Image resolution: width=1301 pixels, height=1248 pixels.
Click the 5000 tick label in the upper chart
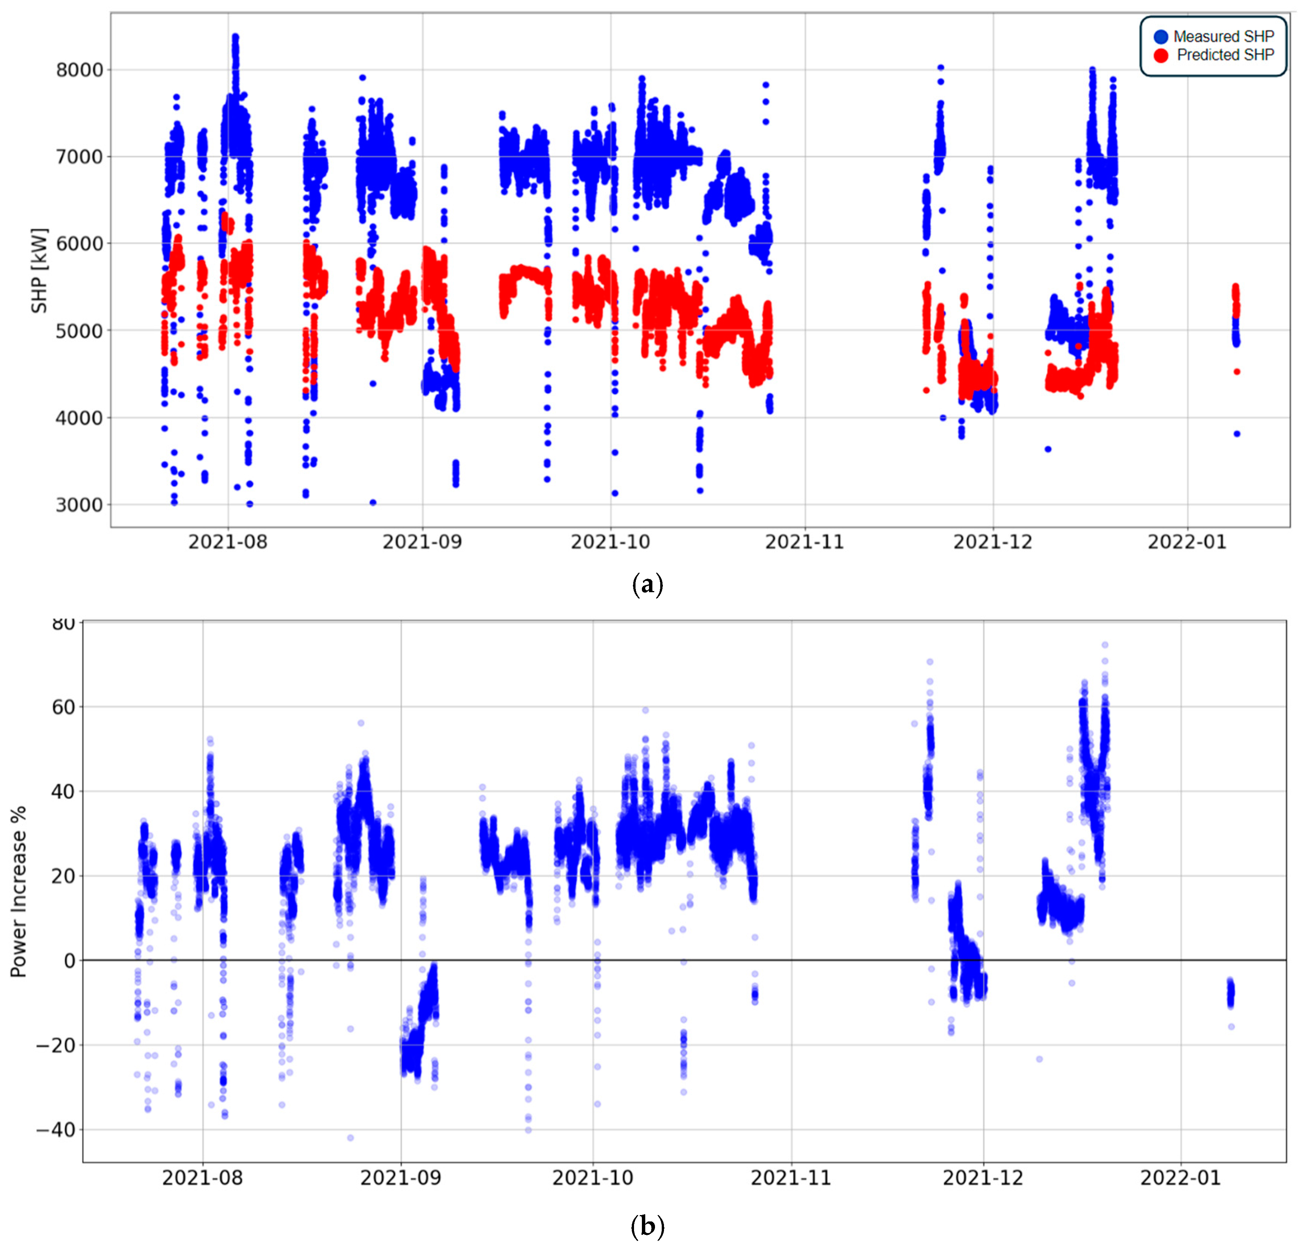coord(80,331)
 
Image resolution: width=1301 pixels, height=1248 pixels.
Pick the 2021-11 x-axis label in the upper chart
coord(804,542)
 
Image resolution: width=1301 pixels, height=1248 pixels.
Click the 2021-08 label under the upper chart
coord(228,542)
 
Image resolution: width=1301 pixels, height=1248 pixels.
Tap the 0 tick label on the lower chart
coord(69,961)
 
